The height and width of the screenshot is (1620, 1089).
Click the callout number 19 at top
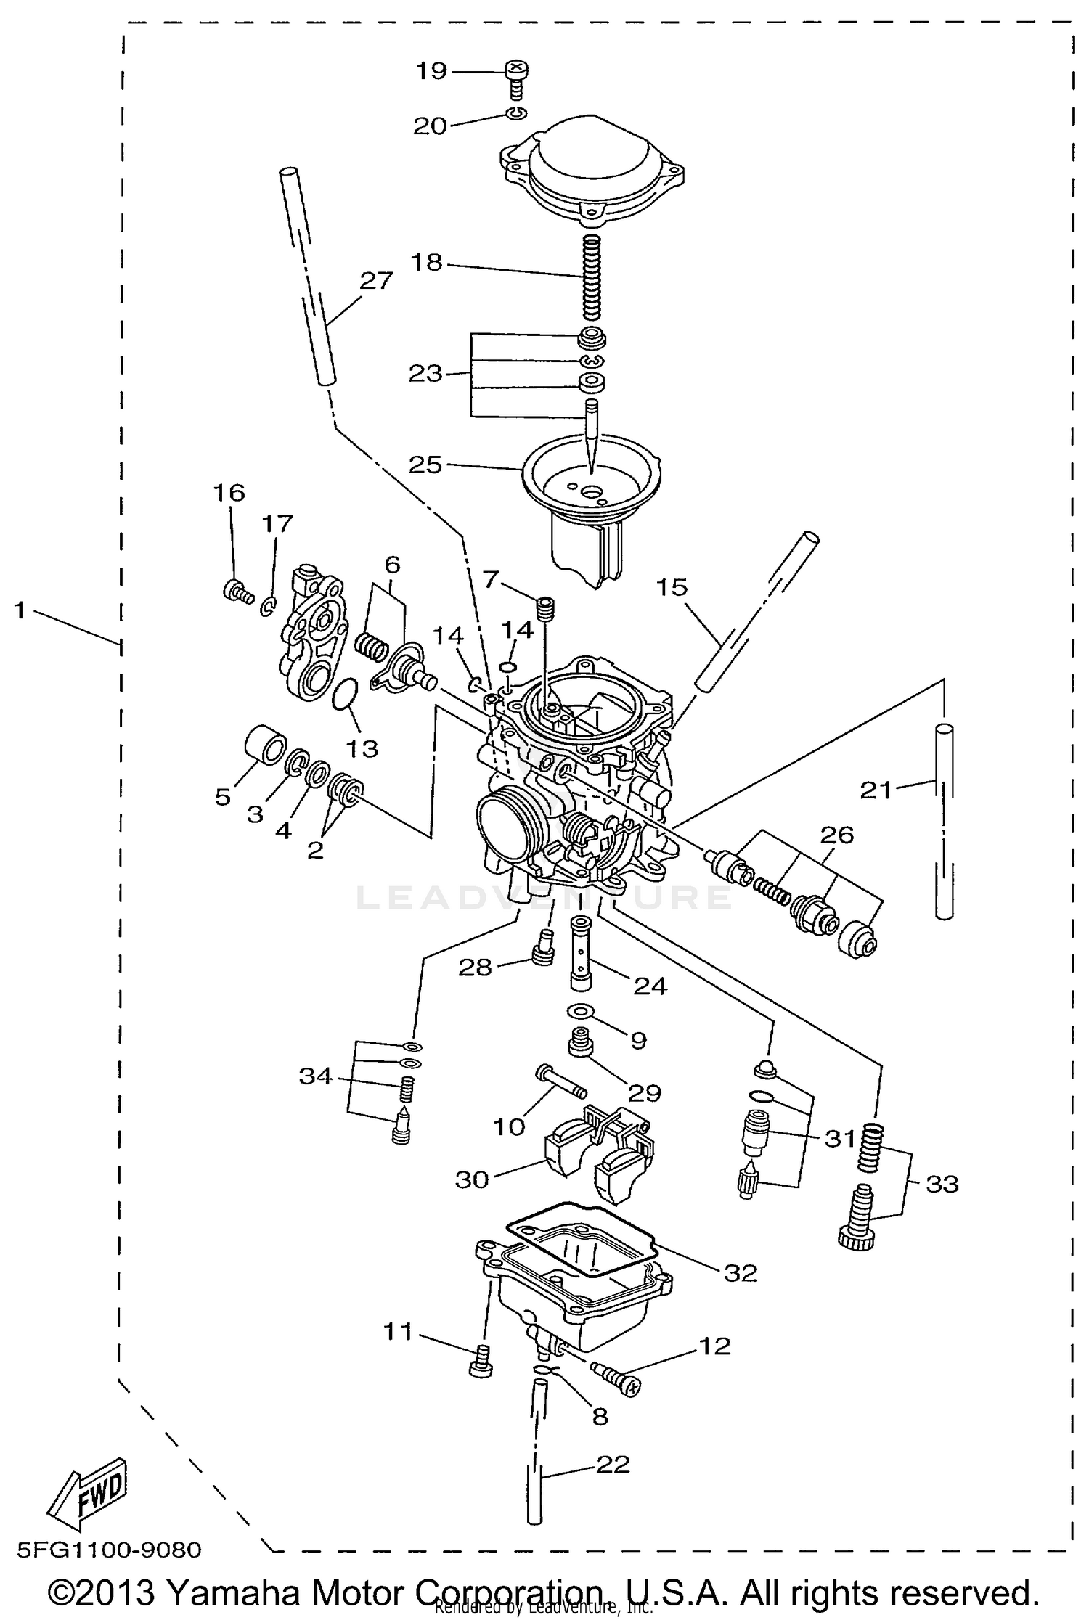click(431, 71)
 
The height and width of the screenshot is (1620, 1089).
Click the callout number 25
click(425, 465)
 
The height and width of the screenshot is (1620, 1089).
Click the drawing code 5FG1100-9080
click(109, 1551)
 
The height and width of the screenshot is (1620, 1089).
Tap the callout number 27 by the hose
click(376, 281)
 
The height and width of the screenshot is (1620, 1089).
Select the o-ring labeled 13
click(345, 693)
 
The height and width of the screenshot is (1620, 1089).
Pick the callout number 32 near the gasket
click(741, 1272)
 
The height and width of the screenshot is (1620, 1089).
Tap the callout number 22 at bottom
click(612, 1465)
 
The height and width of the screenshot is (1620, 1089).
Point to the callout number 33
click(942, 1184)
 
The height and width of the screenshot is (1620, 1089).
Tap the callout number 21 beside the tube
click(876, 789)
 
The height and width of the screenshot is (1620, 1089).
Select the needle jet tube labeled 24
click(579, 952)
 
